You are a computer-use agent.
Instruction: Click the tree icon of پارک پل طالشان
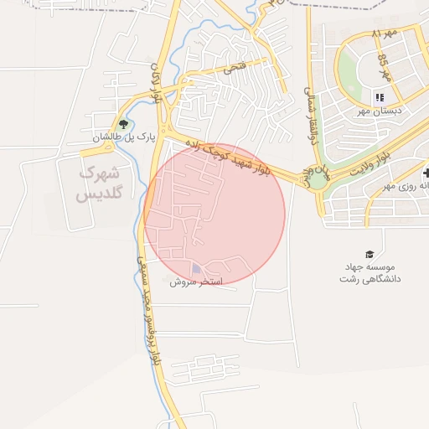124,125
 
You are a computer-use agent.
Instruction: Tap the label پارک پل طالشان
125,137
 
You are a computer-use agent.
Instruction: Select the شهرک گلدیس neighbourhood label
98,183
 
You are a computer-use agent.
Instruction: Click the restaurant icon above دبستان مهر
380,98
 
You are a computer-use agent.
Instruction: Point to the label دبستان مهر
379,111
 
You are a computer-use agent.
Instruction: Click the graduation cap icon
369,254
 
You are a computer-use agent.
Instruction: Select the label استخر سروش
196,282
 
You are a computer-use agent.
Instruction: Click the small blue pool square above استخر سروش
197,269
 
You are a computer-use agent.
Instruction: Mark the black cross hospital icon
425,173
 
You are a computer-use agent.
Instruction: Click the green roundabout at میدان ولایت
319,178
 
